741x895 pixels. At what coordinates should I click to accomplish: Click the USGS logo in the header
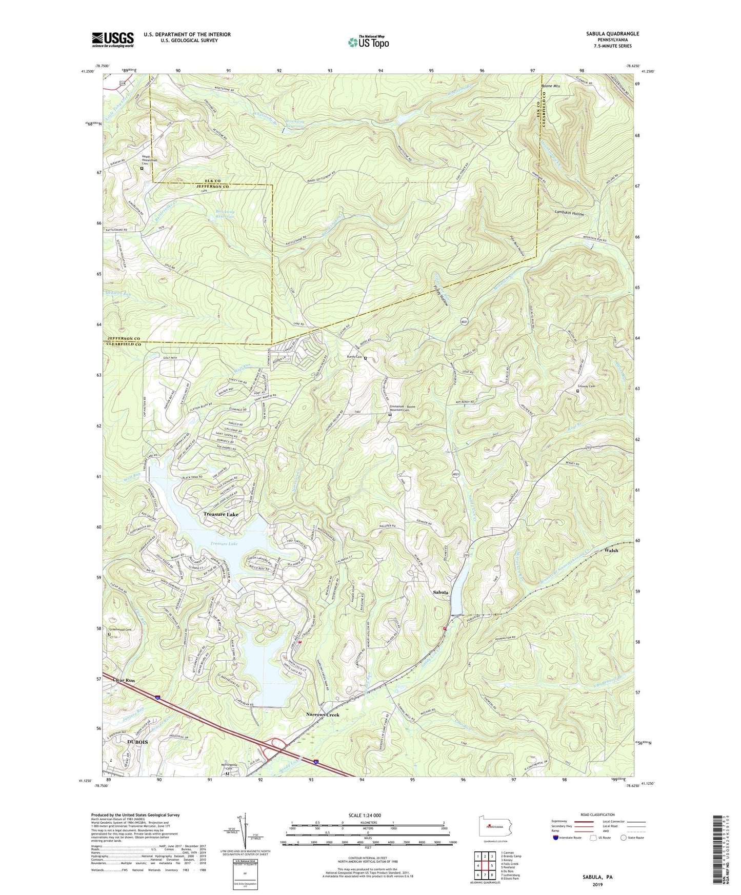coord(113,39)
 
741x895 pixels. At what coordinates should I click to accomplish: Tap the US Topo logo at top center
coord(368,42)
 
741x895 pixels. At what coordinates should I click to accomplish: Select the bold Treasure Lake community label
coord(221,514)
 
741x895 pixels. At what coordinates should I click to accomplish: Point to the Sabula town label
coord(440,593)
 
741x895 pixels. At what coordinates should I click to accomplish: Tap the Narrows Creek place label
coord(323,715)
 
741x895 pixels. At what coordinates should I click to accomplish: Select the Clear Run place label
coord(124,680)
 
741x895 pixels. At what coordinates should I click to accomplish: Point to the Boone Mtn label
coord(551,86)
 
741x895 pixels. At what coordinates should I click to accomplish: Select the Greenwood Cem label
coord(120,629)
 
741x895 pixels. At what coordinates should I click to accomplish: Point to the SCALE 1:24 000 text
coord(368,815)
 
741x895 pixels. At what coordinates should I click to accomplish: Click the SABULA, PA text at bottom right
coord(597,877)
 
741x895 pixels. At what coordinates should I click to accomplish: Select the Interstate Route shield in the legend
coord(556,838)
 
